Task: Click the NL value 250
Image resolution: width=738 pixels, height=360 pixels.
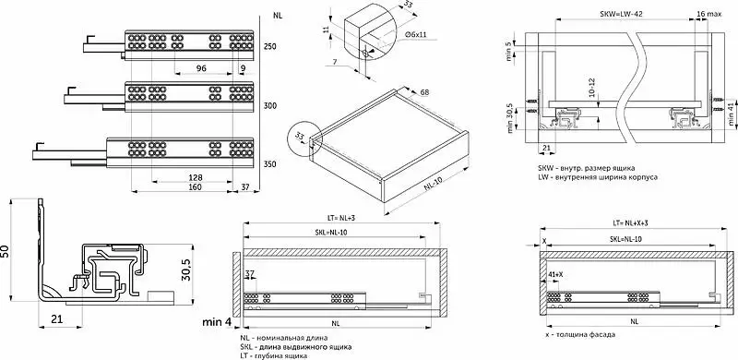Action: (x=269, y=47)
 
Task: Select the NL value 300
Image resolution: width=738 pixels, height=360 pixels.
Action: (x=269, y=105)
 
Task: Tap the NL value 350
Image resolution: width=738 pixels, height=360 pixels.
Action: (x=269, y=164)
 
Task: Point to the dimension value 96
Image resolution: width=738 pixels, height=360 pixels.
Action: (x=201, y=68)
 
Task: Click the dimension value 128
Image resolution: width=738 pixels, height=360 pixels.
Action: (x=195, y=177)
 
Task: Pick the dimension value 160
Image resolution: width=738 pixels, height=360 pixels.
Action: (x=195, y=187)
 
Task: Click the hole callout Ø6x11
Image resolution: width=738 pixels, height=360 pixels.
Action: (x=416, y=35)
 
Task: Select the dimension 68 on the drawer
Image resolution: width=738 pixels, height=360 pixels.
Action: (x=424, y=93)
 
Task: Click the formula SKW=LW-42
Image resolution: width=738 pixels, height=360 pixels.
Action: (x=621, y=14)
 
